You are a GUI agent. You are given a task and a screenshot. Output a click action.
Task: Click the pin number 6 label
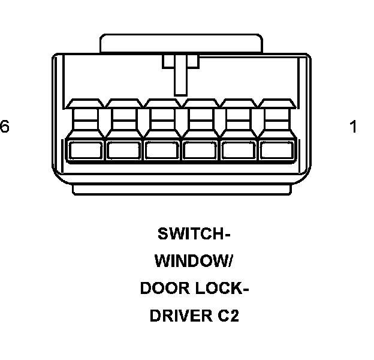pyautogui.click(x=5, y=127)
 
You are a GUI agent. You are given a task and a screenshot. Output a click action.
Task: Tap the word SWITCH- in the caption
pyautogui.click(x=194, y=233)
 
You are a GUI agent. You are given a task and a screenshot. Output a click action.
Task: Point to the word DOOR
pyautogui.click(x=163, y=289)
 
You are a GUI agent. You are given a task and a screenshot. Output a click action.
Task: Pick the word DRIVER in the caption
pyautogui.click(x=177, y=316)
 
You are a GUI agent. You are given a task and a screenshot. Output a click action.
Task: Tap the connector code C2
pyautogui.click(x=228, y=316)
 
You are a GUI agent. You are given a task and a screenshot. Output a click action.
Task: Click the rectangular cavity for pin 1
pyautogui.click(x=276, y=150)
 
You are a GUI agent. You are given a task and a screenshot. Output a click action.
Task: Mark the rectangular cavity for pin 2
pyautogui.click(x=238, y=150)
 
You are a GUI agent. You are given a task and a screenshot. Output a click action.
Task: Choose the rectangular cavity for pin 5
pyautogui.click(x=123, y=150)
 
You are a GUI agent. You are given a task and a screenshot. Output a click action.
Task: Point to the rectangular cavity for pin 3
pyautogui.click(x=200, y=150)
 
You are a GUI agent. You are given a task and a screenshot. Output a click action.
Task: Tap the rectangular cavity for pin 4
pyautogui.click(x=162, y=150)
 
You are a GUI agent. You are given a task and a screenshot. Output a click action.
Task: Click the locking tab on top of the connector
pyautogui.click(x=181, y=43)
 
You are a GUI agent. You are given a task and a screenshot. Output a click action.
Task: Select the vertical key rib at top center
pyautogui.click(x=180, y=75)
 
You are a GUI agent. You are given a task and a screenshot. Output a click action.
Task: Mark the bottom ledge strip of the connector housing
pyautogui.click(x=181, y=189)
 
